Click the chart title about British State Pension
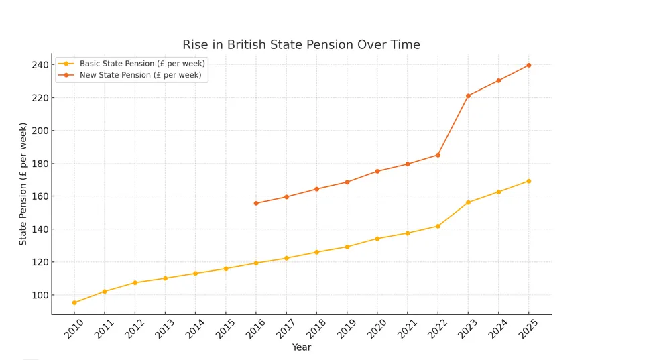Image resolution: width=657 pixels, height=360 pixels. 301,45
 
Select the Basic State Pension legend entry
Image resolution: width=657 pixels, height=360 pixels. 141,63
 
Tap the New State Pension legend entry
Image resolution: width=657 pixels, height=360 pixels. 140,75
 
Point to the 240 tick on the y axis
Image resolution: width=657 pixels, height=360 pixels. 39,65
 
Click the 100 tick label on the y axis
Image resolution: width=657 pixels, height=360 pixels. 39,295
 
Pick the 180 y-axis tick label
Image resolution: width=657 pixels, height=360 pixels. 39,164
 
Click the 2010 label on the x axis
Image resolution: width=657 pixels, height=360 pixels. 75,328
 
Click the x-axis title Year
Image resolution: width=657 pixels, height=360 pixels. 301,347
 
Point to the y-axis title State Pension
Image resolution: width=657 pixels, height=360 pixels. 23,184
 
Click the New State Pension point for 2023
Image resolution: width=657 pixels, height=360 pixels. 468,96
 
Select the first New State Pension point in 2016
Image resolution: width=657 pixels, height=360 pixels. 256,203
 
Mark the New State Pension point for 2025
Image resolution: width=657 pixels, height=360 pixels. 529,65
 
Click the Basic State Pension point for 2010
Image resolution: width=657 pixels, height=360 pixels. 74,302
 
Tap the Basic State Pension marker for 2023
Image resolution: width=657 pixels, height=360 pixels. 468,202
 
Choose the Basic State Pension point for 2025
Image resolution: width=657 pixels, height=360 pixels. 529,181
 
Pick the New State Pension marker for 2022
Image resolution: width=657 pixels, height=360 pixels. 438,155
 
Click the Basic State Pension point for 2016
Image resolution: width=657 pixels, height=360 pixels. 256,263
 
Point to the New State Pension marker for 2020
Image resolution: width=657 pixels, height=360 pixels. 377,171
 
